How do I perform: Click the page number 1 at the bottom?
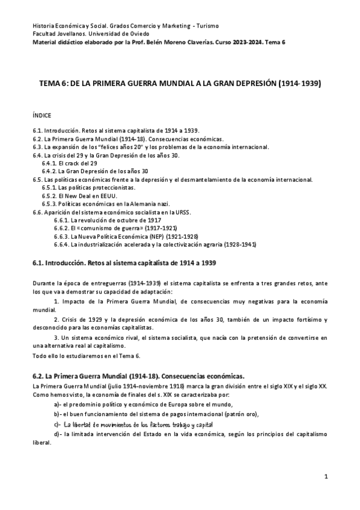[x=325, y=478]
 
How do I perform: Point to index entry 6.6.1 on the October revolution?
[x=104, y=221]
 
